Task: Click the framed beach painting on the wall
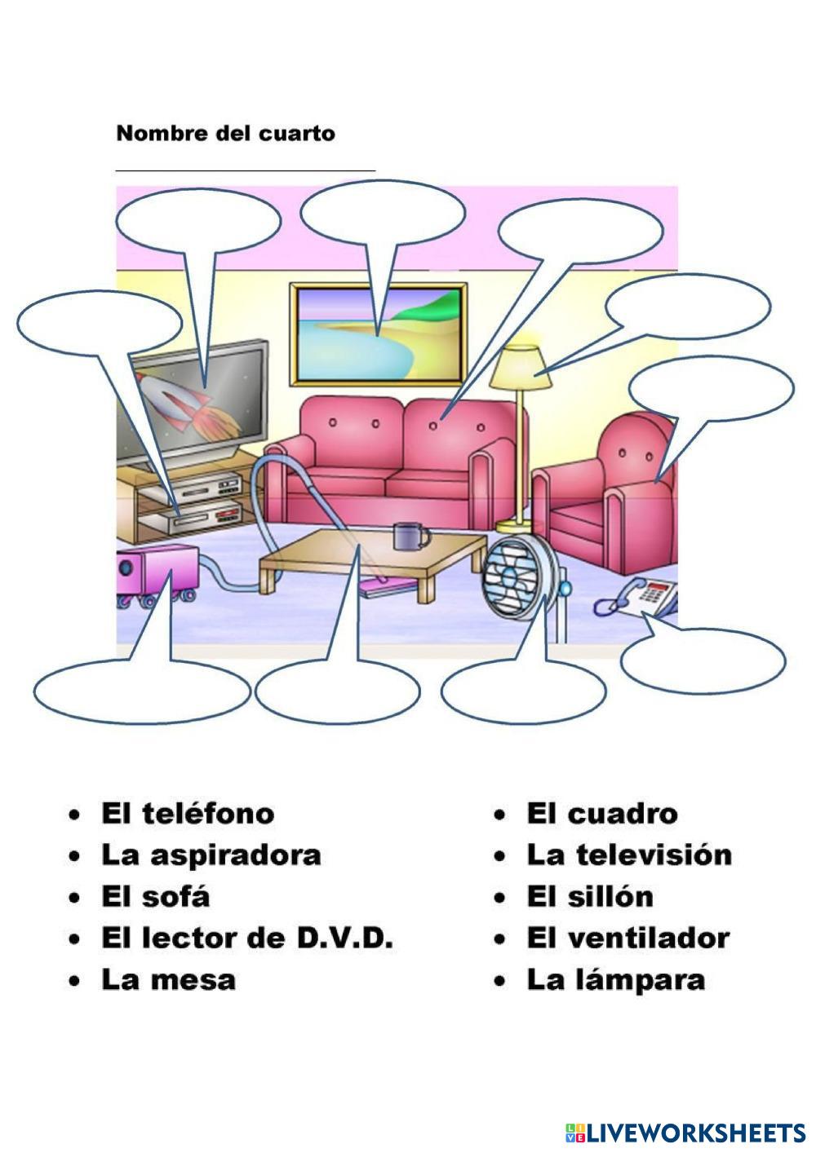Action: (379, 332)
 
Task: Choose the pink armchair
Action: (612, 497)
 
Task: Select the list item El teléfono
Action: (187, 813)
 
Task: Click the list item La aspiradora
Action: (211, 855)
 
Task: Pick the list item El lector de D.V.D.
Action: (246, 938)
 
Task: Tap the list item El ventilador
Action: (627, 938)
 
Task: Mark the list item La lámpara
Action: (614, 979)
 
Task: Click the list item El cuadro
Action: (601, 813)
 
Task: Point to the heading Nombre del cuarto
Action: (225, 133)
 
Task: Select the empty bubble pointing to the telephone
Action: (703, 660)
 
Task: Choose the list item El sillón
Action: (589, 896)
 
